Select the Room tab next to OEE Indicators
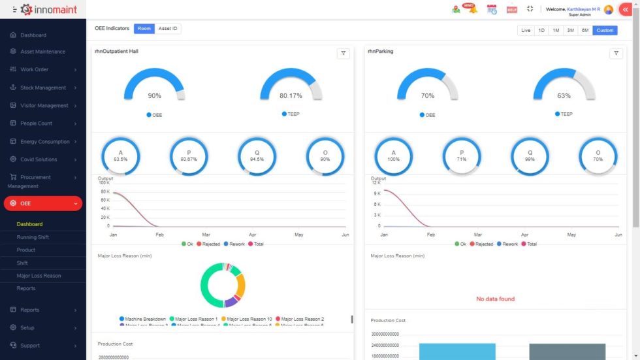(x=144, y=29)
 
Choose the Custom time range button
(x=605, y=30)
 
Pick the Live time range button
(x=526, y=30)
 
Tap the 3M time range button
(x=570, y=30)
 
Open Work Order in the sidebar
(x=35, y=69)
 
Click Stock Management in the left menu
(x=43, y=88)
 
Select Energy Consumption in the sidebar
(x=44, y=142)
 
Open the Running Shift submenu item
(x=33, y=237)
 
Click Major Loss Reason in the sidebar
(x=39, y=276)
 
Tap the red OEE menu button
(x=43, y=203)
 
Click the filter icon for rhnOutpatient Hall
(x=343, y=54)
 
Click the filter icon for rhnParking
(x=616, y=54)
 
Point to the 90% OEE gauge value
(x=154, y=95)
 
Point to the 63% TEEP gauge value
(x=564, y=95)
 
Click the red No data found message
(x=495, y=299)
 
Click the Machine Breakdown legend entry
(x=142, y=319)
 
